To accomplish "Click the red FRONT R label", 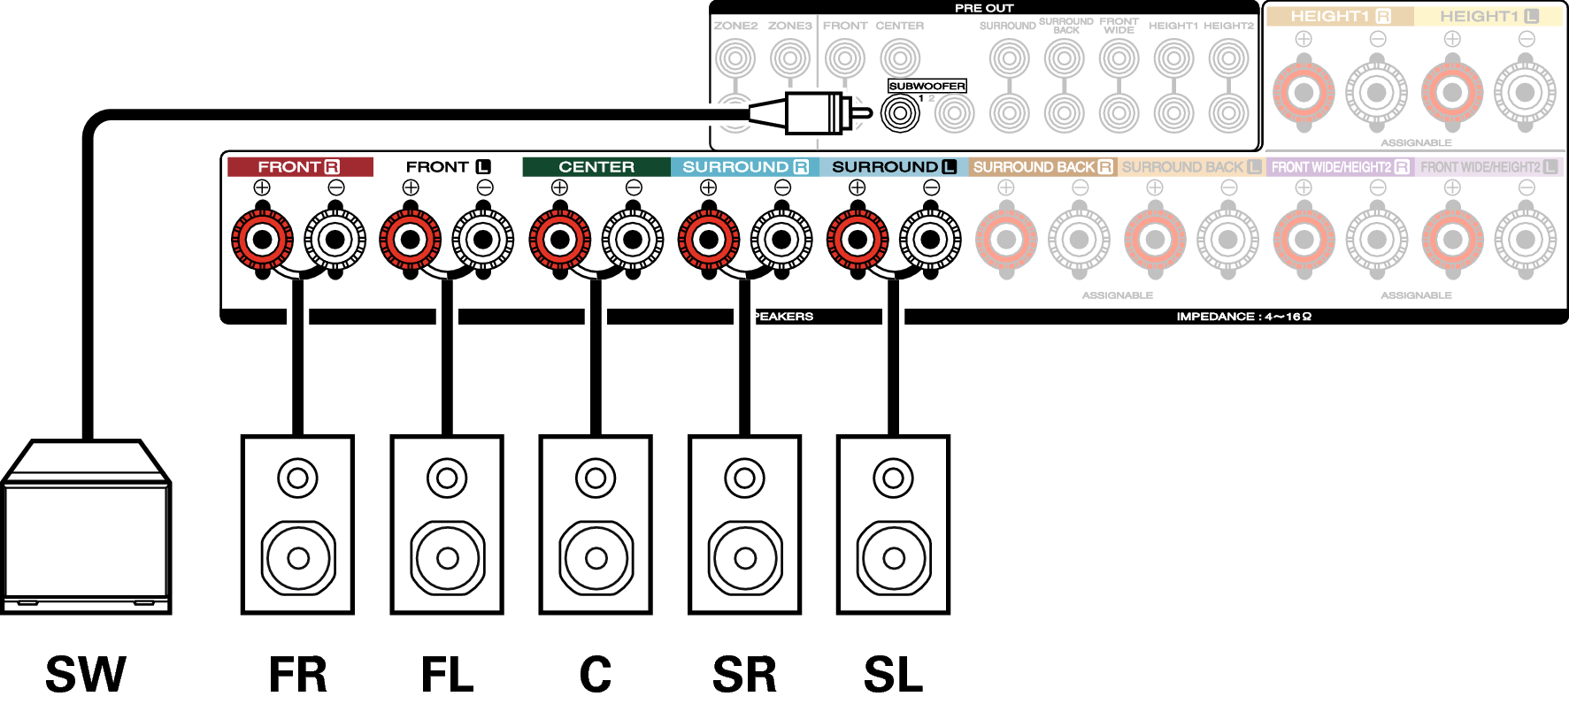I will [x=299, y=166].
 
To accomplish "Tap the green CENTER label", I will [x=596, y=166].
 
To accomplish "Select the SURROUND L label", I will [x=893, y=166].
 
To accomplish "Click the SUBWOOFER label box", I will [x=927, y=86].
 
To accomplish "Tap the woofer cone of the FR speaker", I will [x=298, y=558].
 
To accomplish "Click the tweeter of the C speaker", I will [x=596, y=478].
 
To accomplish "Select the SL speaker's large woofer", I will [x=894, y=558].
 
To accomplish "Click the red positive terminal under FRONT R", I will [x=262, y=239].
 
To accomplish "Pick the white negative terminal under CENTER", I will [x=633, y=239].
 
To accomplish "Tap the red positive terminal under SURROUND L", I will [x=857, y=239].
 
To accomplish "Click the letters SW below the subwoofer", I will [x=86, y=674].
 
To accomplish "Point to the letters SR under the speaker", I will [x=744, y=674].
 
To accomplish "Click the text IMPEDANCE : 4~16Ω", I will [x=1243, y=316].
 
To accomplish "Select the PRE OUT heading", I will [x=983, y=8].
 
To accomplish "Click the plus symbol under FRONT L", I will [x=411, y=187].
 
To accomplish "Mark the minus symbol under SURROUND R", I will [x=782, y=187].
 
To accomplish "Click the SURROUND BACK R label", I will [x=1042, y=166].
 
